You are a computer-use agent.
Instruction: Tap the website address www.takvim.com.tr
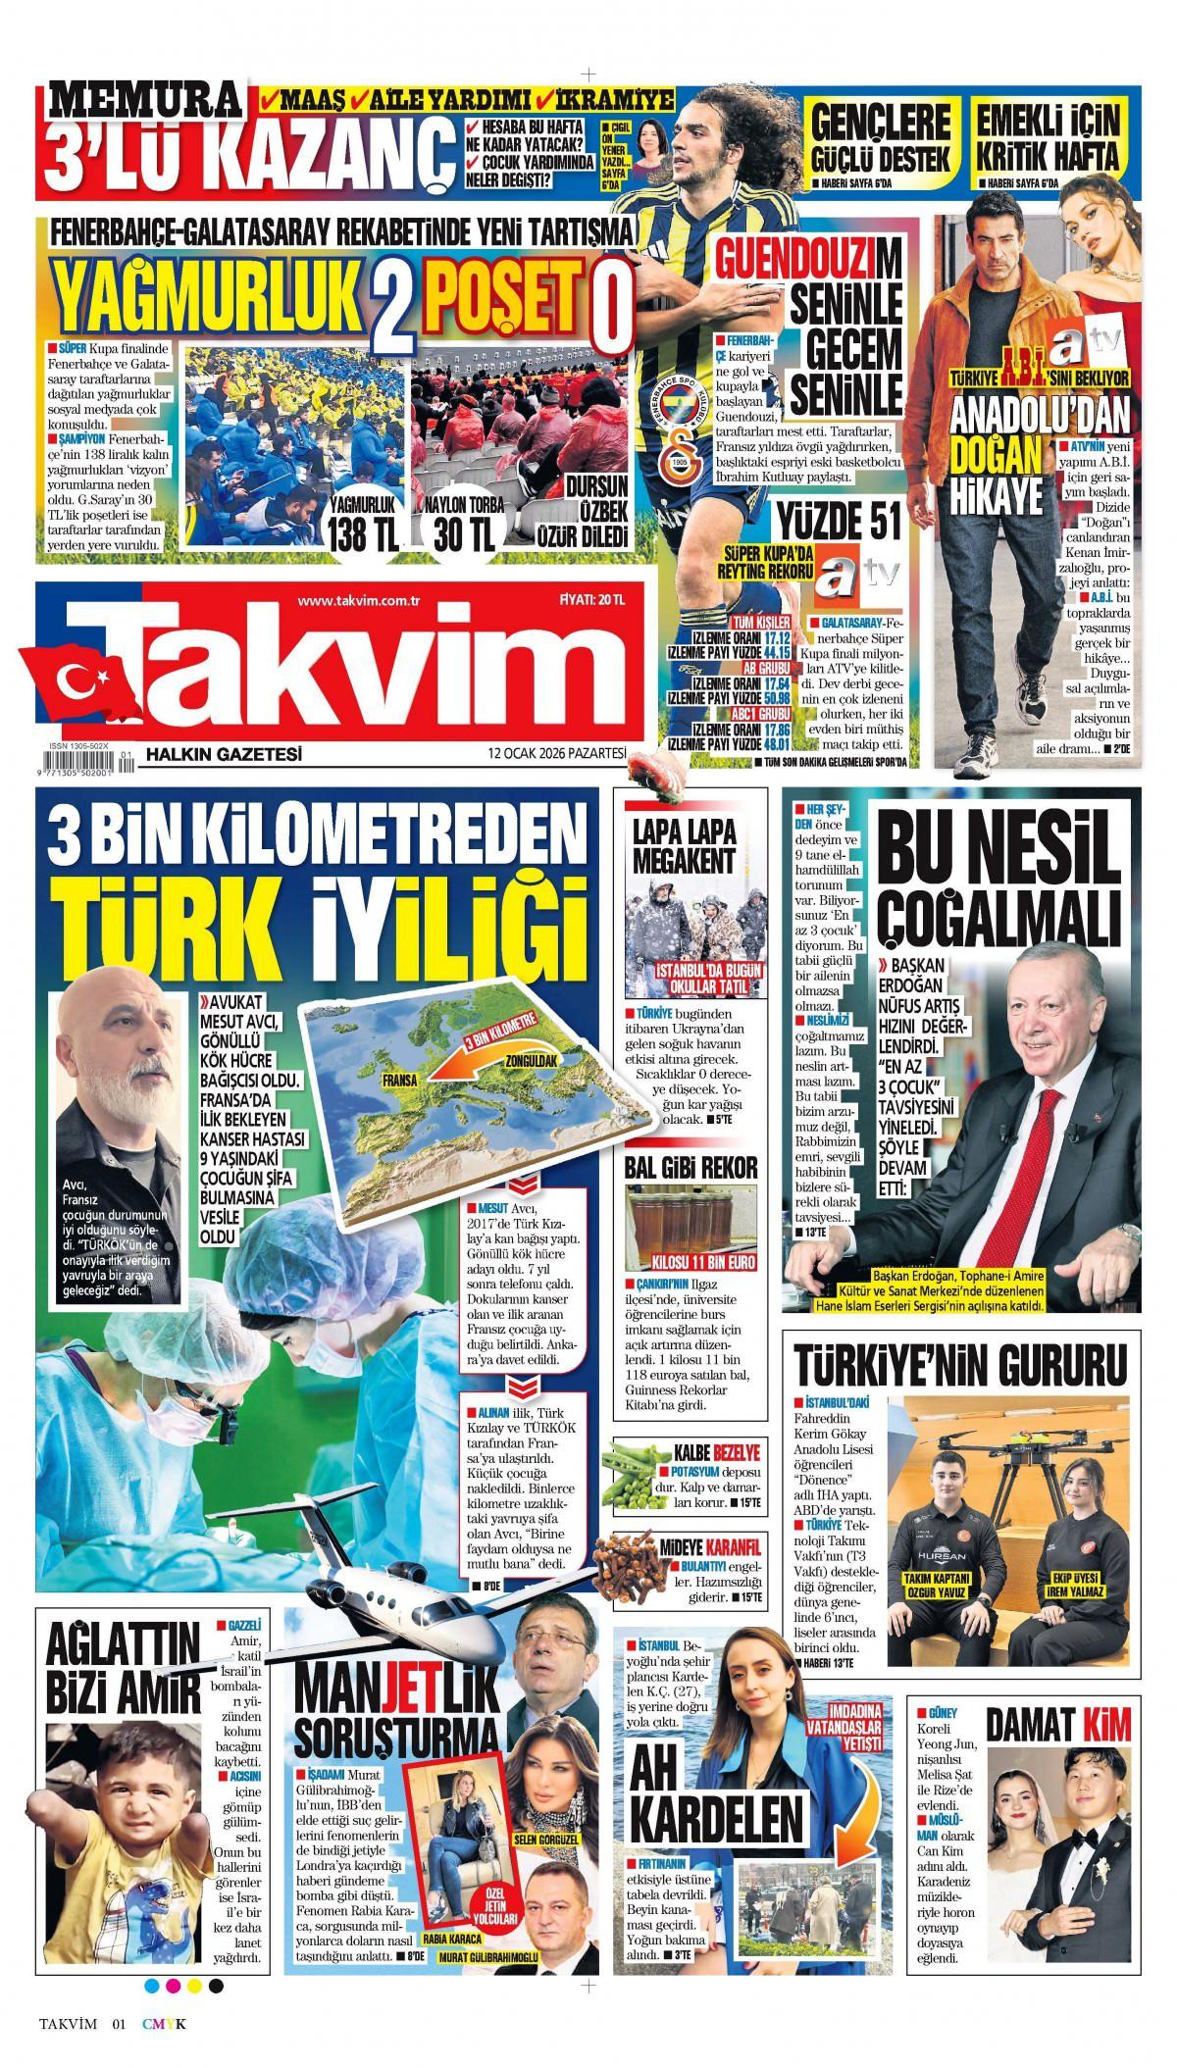point(357,600)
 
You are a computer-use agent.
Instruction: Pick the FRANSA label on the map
point(402,1082)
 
